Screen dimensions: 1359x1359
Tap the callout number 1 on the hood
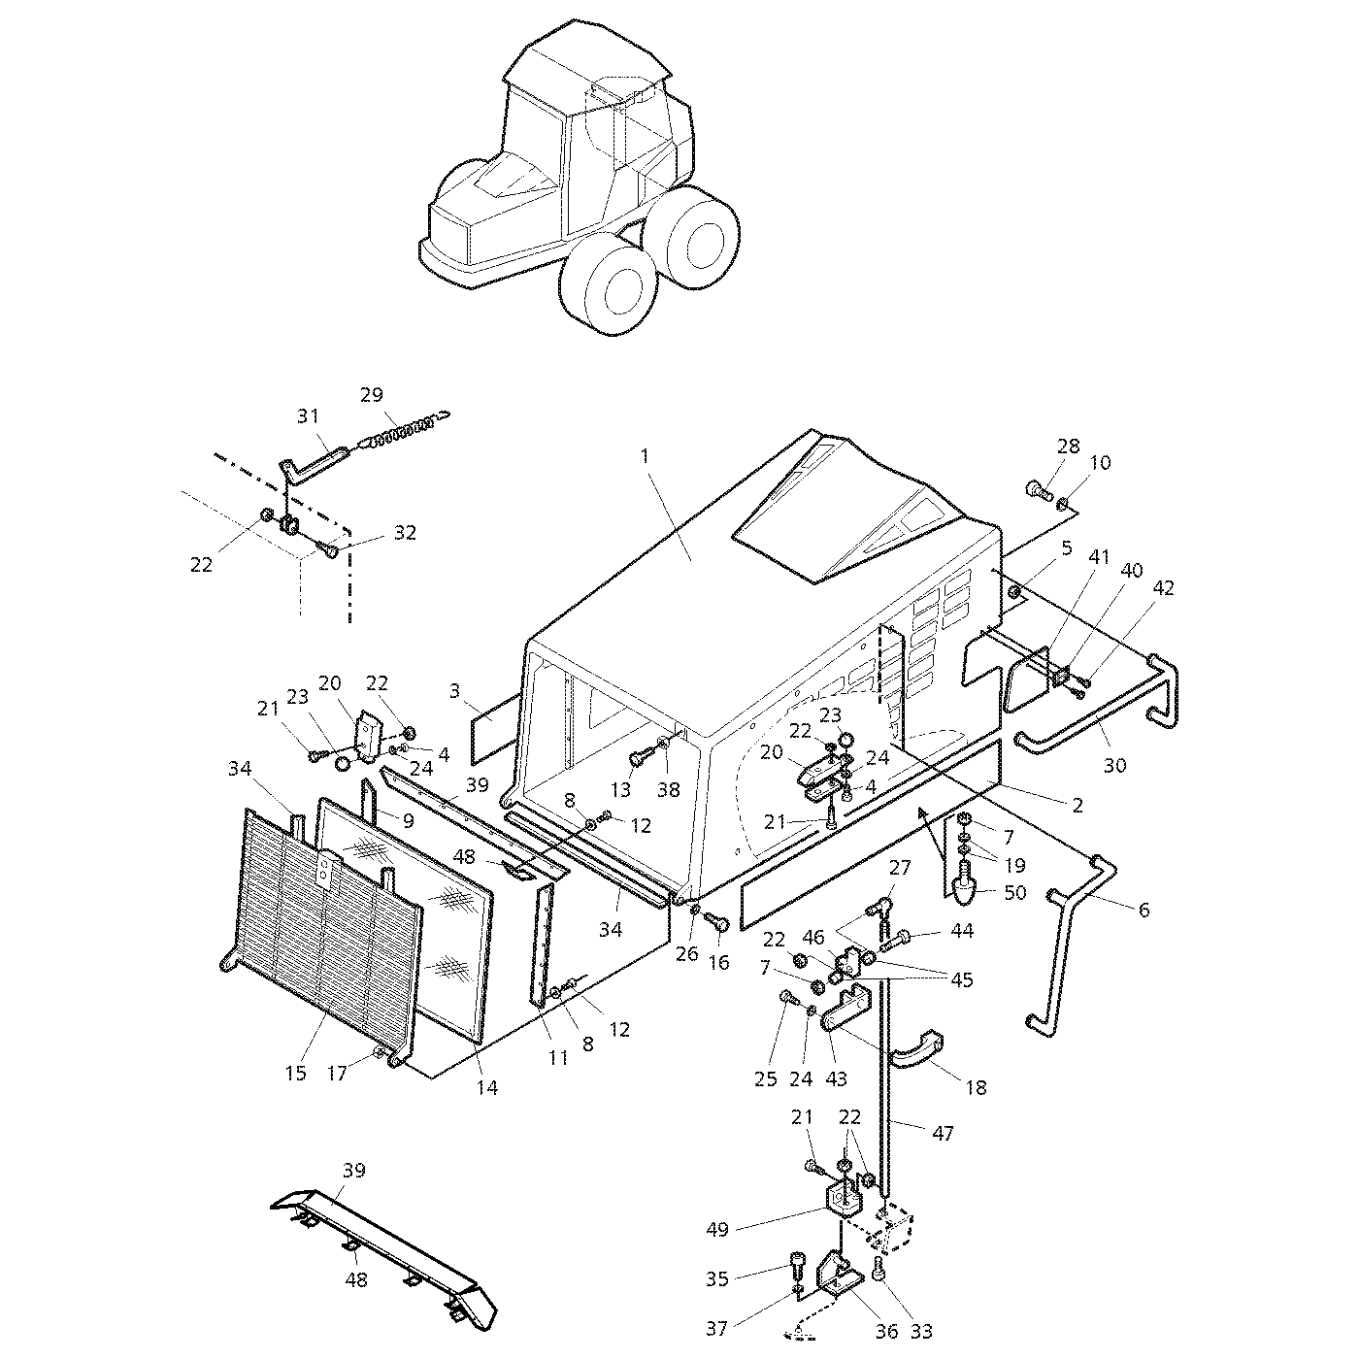click(644, 456)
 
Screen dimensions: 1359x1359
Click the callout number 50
click(1014, 892)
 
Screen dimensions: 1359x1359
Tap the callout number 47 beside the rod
click(943, 1133)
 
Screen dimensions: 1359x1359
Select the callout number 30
click(1115, 765)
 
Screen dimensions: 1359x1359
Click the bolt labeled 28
click(1039, 488)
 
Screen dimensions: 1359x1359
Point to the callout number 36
click(887, 1331)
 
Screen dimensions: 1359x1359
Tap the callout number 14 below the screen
click(486, 1088)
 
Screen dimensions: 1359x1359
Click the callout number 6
click(1144, 910)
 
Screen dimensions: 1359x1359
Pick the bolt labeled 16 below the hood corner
click(718, 919)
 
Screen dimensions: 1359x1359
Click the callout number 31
click(308, 416)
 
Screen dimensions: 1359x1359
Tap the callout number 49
click(717, 1229)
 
